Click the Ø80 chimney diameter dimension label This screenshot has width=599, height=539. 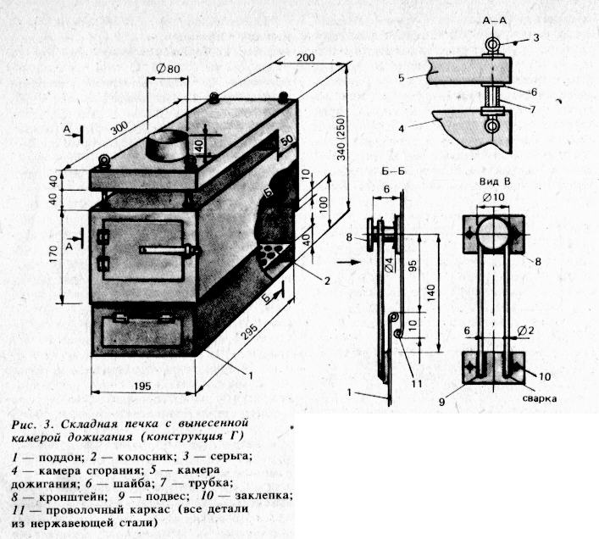click(168, 69)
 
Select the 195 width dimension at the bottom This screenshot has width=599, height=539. click(141, 386)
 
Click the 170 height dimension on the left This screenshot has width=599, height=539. click(53, 253)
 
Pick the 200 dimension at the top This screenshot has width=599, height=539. click(306, 58)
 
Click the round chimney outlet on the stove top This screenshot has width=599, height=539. click(166, 146)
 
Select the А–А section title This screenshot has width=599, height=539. click(494, 20)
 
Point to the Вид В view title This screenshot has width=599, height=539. click(495, 182)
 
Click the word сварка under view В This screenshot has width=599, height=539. click(539, 399)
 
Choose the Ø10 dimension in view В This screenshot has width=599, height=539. click(493, 197)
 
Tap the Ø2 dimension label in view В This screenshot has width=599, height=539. click(525, 331)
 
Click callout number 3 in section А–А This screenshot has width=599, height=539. click(536, 37)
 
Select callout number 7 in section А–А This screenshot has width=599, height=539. click(533, 109)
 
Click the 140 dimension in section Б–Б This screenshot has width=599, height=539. click(431, 293)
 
